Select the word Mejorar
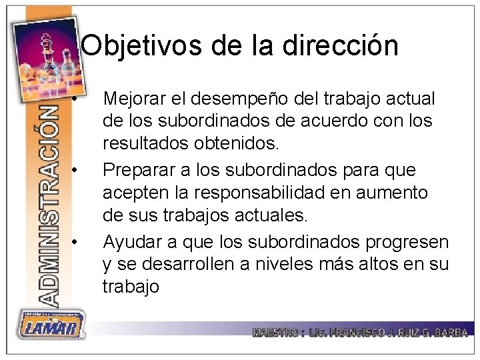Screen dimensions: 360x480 coord(135,98)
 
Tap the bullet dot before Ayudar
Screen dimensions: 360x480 coord(79,240)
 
